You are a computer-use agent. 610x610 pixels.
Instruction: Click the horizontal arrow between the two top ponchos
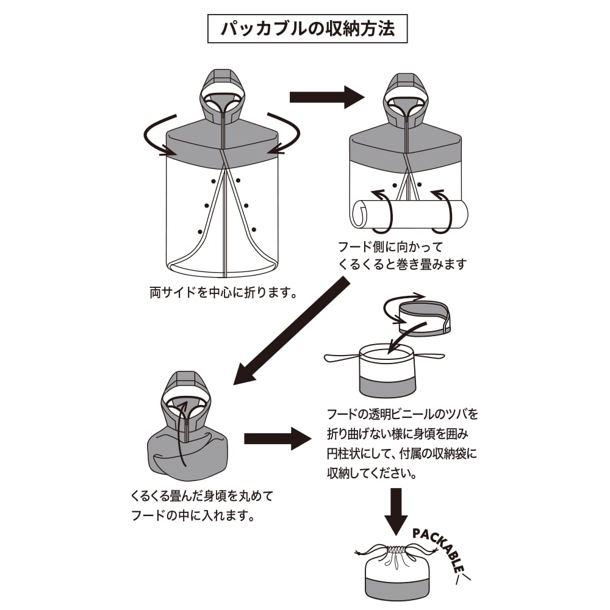click(x=326, y=96)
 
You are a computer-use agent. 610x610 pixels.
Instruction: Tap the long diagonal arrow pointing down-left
click(x=292, y=332)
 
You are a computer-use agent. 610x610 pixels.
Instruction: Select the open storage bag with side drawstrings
click(x=388, y=370)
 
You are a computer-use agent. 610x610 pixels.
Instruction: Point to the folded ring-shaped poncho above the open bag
click(x=424, y=317)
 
